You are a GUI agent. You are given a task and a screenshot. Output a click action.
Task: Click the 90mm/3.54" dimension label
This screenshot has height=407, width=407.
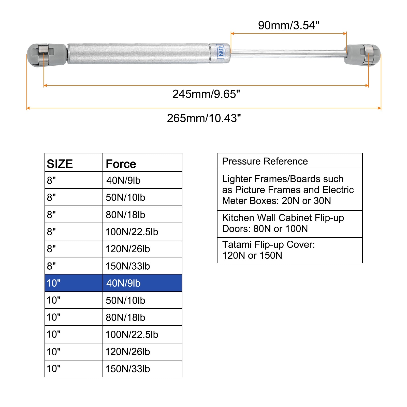pos(288,25)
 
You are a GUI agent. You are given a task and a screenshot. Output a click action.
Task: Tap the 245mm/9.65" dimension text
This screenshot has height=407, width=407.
pos(206,94)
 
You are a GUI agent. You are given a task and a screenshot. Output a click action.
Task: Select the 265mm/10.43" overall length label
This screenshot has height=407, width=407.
pos(204,118)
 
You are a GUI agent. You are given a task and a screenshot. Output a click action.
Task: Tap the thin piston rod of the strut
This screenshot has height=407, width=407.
pos(287,53)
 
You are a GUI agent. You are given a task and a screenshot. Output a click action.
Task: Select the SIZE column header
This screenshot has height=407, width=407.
pos(60,164)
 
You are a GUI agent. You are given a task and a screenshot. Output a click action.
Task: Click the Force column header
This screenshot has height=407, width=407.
pos(121,164)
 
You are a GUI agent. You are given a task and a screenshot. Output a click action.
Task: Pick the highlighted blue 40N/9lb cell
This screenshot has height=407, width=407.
pos(123,283)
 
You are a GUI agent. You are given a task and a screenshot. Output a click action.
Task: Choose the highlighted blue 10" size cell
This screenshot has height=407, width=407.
pos(54,283)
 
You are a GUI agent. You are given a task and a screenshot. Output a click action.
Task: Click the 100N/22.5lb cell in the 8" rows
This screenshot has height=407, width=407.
pos(132,232)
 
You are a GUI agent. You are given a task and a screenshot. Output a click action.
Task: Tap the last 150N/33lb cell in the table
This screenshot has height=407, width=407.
pos(128,369)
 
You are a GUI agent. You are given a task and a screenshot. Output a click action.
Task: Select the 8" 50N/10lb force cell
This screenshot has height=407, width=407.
pos(125,197)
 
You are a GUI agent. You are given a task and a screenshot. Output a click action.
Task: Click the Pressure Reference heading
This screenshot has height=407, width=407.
pos(265,161)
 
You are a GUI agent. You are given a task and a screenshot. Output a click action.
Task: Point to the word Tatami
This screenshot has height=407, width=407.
pos(237,244)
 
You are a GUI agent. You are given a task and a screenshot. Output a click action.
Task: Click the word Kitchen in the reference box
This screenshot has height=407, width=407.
pos(238,218)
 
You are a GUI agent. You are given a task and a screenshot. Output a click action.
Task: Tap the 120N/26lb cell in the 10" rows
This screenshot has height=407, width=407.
pos(128,352)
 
